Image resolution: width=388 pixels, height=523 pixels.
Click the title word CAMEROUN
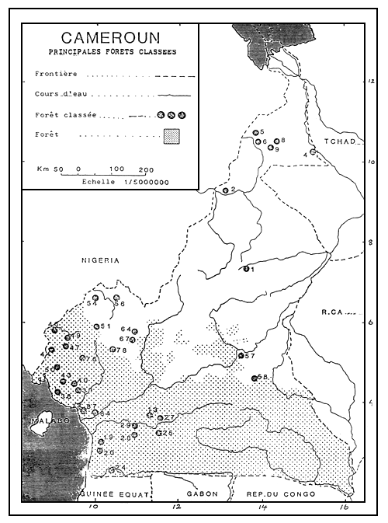109,38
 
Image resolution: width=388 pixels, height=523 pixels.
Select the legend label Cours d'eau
60,96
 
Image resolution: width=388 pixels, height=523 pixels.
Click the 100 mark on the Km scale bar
116,168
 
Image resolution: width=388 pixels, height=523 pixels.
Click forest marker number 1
245,270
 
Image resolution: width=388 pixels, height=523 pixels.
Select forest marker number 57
241,355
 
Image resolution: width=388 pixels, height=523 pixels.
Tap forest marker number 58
255,378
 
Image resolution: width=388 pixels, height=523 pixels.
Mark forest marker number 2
225,190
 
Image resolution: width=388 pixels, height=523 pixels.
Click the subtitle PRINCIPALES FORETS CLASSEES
109,53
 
